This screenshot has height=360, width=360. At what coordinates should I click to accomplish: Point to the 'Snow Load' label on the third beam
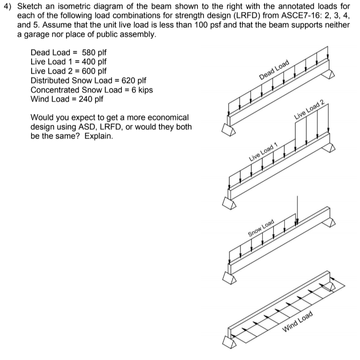(261, 228)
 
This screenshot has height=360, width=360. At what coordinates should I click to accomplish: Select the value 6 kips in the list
(141, 90)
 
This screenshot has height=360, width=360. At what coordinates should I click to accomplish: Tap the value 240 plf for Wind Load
(91, 99)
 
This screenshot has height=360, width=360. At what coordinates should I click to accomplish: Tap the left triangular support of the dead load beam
(229, 128)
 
